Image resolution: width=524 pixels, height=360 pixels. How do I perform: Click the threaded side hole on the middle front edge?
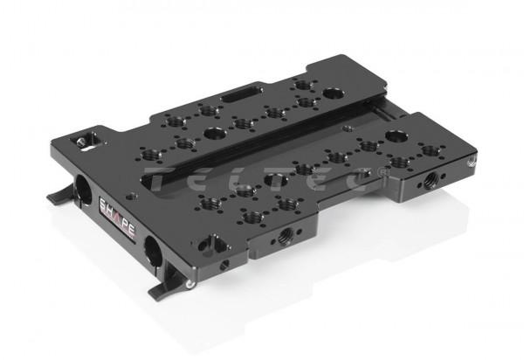coord(284,235)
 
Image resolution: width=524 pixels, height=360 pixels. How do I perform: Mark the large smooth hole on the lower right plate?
coord(397,136)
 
